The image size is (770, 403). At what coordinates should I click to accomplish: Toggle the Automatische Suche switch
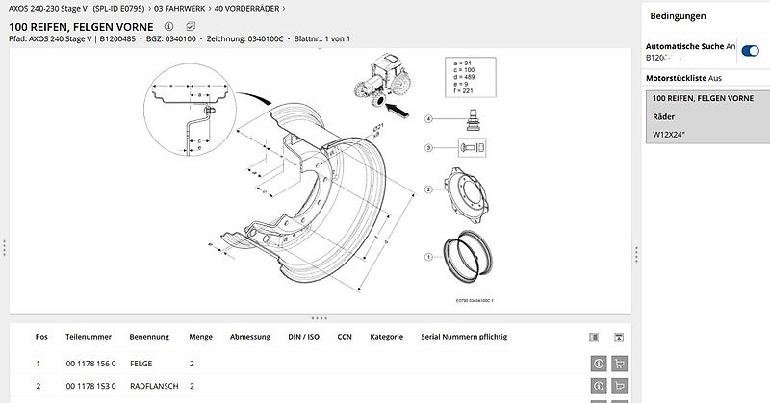point(750,50)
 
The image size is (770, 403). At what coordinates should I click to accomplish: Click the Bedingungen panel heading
point(678,16)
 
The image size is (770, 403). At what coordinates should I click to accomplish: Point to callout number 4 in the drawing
point(427,118)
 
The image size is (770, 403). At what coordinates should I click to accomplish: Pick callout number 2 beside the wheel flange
point(427,189)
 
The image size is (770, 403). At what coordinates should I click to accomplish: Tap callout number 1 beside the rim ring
point(427,256)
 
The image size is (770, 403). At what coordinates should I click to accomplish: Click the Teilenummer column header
point(89,338)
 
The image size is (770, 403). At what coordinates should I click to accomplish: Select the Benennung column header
point(150,338)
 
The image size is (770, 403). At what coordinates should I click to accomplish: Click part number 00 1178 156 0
point(90,364)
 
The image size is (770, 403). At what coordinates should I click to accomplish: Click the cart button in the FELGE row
point(620,364)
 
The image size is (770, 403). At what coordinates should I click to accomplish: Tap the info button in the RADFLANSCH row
point(598,386)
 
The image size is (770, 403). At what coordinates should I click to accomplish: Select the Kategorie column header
point(386,338)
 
